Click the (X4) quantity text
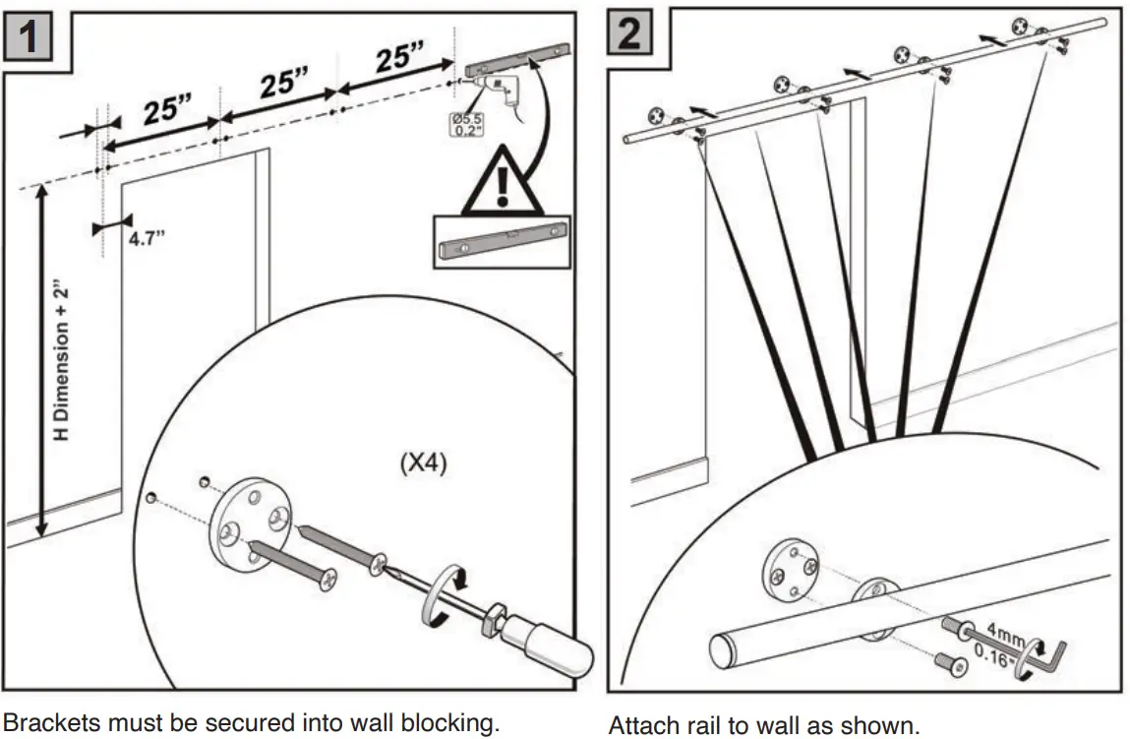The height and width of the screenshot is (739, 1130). coord(423,462)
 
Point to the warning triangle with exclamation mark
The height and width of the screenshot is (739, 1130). coord(503,183)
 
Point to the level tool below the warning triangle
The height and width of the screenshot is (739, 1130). coord(503,240)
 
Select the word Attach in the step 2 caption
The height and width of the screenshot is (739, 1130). coord(641,726)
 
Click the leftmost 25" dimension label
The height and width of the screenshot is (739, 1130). coord(167,110)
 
